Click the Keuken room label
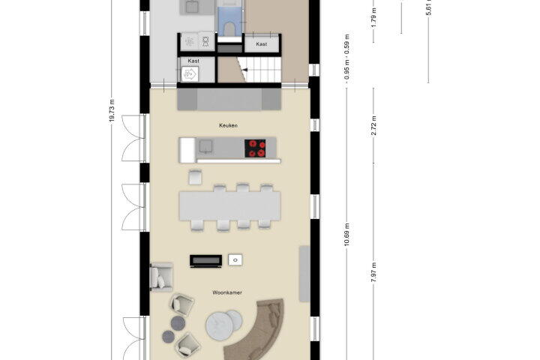(x=228, y=126)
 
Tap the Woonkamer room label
(x=227, y=292)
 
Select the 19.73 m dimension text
(x=112, y=110)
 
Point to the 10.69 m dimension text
(x=346, y=234)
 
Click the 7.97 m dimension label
(x=373, y=272)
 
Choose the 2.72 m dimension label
(x=373, y=126)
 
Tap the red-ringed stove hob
(x=255, y=148)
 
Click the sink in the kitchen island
(x=205, y=146)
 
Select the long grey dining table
(x=229, y=206)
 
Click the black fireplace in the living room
(x=206, y=261)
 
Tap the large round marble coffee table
(x=219, y=326)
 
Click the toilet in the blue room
(x=229, y=28)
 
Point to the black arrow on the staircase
(x=244, y=70)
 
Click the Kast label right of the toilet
(x=262, y=44)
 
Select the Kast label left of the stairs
(x=193, y=61)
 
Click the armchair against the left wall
(x=161, y=277)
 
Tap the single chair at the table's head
(x=195, y=177)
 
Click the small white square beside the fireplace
(x=235, y=260)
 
